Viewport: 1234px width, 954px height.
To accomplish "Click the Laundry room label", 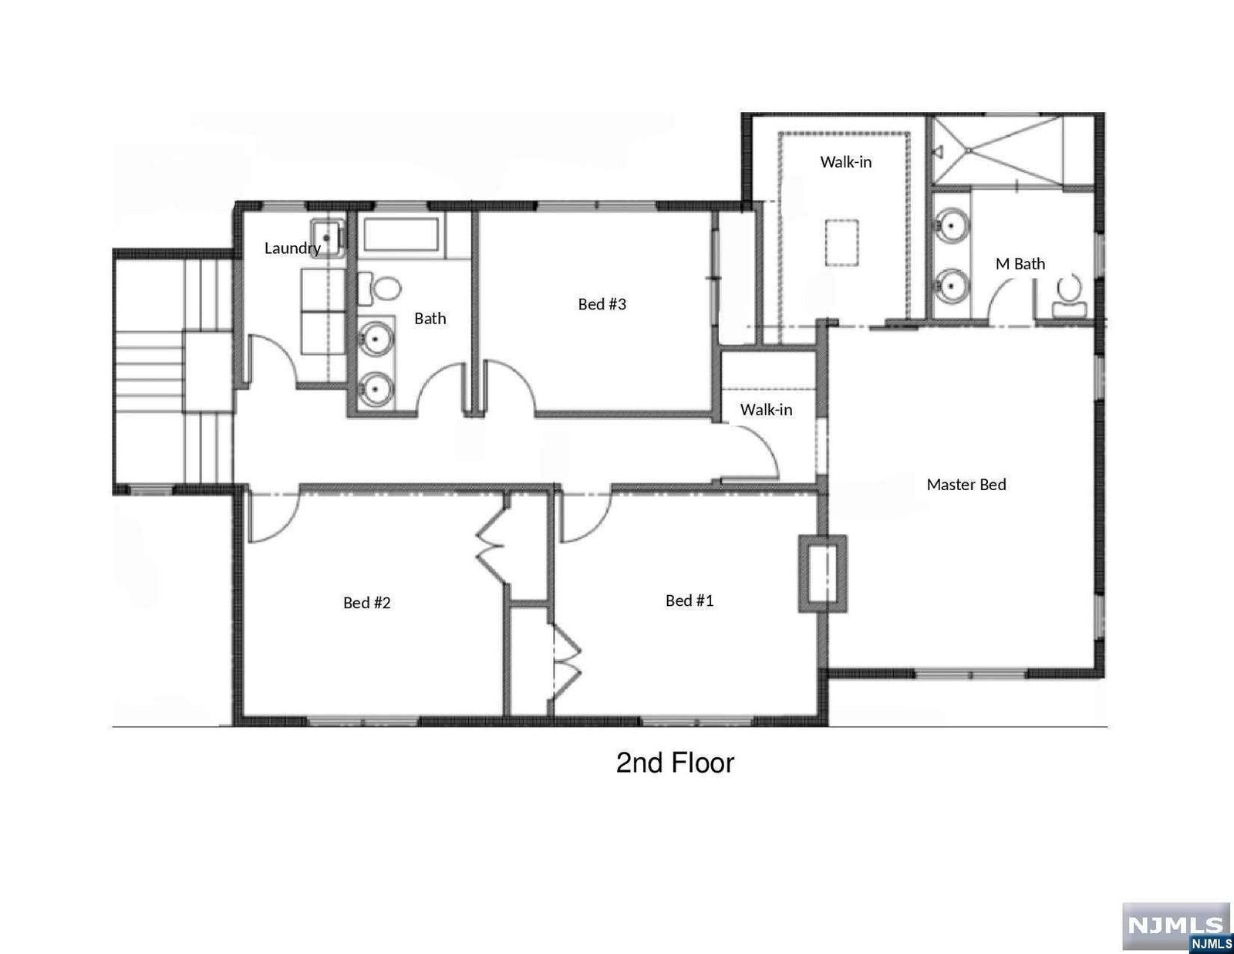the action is coord(292,249).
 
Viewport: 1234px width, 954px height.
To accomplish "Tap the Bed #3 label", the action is coord(602,304).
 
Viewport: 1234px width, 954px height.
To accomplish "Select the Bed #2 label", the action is coord(367,602).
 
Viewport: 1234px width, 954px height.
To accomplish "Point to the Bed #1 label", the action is coord(689,600).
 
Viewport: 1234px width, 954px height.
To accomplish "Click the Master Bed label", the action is coord(966,484).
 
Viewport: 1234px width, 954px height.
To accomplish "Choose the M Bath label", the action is coord(1020,264).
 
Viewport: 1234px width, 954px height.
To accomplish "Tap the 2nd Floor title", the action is coord(675,763).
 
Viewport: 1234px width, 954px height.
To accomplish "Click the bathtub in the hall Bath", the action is coord(401,234).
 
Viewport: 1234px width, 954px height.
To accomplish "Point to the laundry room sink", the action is coord(327,237).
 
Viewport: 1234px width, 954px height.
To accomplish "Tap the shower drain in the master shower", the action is coord(969,150).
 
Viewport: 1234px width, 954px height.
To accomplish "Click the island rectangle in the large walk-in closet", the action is coord(841,242).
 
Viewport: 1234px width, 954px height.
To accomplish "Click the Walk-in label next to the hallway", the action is coord(766,410).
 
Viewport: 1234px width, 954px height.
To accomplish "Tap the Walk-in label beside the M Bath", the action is coord(845,162).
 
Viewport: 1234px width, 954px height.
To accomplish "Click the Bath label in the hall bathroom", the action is coord(430,318).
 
